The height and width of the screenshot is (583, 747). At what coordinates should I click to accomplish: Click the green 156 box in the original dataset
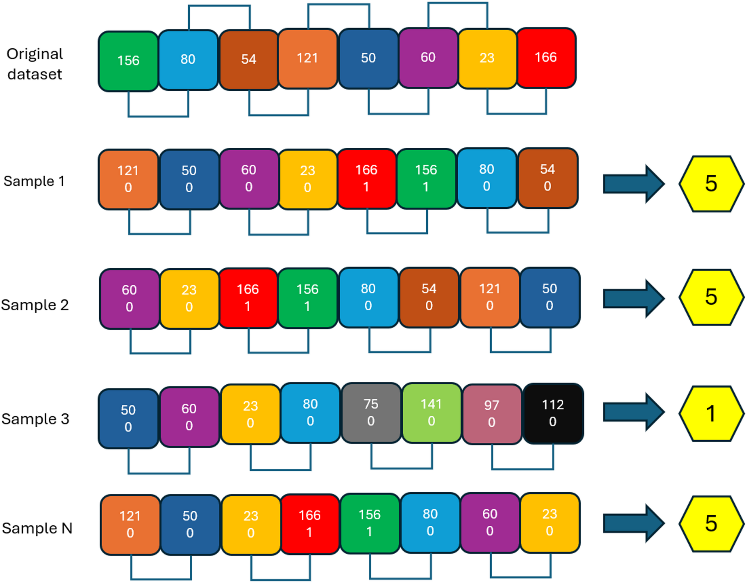click(x=128, y=61)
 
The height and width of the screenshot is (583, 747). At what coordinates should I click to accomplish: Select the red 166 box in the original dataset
click(x=546, y=58)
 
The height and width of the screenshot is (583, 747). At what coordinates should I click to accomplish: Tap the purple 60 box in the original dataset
click(x=428, y=58)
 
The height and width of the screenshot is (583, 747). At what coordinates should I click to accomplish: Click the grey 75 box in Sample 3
click(x=371, y=413)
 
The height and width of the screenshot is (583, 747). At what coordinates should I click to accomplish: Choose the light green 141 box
click(x=432, y=413)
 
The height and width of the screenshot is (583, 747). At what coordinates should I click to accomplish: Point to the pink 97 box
click(x=492, y=414)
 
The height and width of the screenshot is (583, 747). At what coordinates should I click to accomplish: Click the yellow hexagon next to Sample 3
click(x=711, y=413)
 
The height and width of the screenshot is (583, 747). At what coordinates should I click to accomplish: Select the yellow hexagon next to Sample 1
click(x=711, y=184)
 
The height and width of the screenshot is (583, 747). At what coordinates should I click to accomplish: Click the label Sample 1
click(x=34, y=181)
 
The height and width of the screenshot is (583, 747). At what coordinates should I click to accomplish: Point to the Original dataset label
click(x=35, y=64)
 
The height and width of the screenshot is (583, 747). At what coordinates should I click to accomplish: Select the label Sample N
click(x=37, y=528)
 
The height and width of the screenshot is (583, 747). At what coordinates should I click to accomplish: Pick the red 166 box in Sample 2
click(x=248, y=298)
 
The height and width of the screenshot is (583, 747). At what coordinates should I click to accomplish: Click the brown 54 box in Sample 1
click(x=548, y=178)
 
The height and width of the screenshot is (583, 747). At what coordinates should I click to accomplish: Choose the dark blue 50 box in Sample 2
click(x=550, y=298)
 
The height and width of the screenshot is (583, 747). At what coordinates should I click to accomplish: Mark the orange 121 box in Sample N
click(x=130, y=525)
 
